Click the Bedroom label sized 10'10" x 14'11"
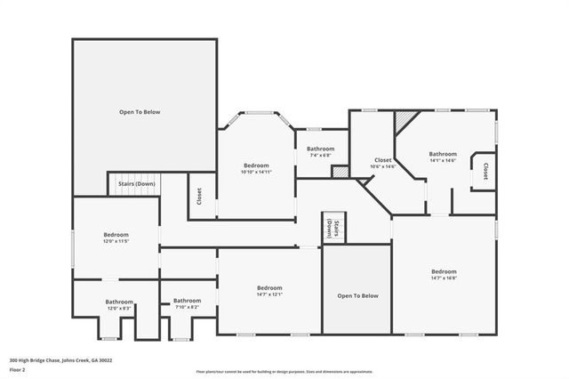pos(256,168)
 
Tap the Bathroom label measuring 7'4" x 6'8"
pos(320,151)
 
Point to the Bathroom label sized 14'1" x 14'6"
pos(443,157)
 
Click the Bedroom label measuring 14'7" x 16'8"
pos(444,274)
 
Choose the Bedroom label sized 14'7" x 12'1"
pos(269,291)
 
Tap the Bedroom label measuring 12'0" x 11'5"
pos(116,237)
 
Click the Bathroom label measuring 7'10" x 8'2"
pos(187,303)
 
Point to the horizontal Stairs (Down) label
pos(133,184)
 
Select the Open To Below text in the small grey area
pos(357,295)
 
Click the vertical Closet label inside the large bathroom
pos(485,171)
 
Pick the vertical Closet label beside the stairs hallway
pos(200,195)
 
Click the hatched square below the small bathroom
pos(340,172)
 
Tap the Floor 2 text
pos(18,369)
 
